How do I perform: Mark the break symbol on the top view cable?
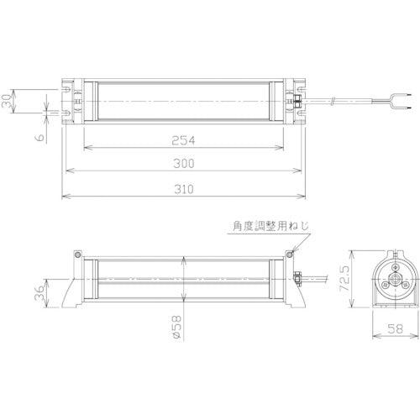click(x=333, y=102)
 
